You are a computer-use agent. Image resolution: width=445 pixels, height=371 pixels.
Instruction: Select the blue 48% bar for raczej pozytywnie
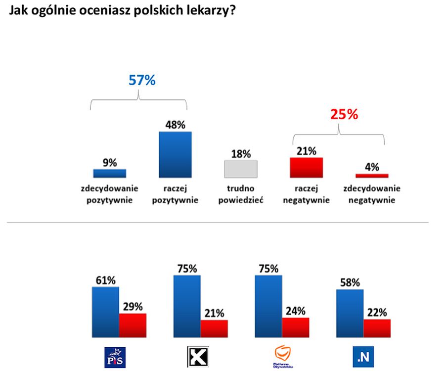coord(175,154)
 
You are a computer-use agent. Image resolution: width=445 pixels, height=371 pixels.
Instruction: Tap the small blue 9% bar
coord(110,173)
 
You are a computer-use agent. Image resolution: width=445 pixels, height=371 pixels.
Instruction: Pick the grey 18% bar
coord(241,169)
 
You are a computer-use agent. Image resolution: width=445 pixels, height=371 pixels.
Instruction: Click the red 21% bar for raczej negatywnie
coord(306,168)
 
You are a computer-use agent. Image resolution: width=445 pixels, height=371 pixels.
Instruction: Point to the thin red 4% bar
coord(372,176)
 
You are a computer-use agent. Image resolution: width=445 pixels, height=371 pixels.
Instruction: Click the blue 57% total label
coord(142,80)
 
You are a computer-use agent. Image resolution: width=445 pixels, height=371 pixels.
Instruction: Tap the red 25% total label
coord(344,115)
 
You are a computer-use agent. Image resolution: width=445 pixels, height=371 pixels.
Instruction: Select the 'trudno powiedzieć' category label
coord(241,194)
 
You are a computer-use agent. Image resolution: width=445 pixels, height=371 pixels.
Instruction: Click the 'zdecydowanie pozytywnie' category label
coord(110,194)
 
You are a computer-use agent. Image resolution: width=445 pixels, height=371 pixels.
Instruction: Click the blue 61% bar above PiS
coord(105,312)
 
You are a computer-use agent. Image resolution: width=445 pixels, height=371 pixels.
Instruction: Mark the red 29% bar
coord(133,325)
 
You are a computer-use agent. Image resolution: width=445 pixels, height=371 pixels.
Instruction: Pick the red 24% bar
coord(295,328)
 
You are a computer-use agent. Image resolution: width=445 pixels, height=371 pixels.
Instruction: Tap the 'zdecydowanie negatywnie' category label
coord(372,194)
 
